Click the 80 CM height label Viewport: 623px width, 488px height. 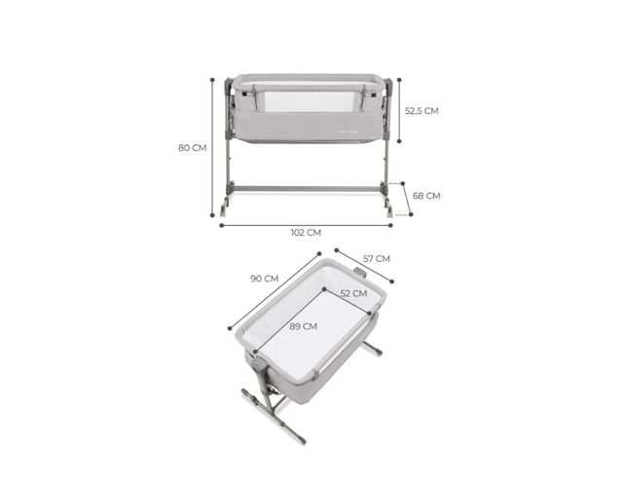point(193,148)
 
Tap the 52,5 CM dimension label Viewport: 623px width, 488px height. point(421,111)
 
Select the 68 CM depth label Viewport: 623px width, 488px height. point(426,196)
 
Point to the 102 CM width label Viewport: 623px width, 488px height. point(306,233)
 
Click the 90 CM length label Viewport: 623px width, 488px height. point(264,279)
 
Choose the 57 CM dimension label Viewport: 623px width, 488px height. point(377,259)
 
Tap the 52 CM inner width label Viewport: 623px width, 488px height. point(353,293)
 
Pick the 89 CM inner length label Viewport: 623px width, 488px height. point(303,326)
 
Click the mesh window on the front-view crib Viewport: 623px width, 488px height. point(309,101)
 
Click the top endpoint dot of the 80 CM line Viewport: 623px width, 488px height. point(212,80)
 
